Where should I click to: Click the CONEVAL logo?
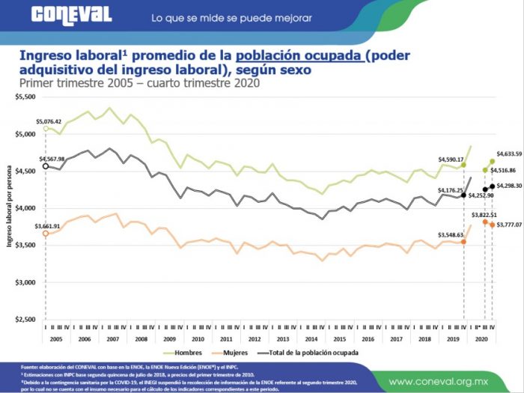click(x=71, y=15)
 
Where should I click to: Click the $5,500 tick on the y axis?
click(x=25, y=97)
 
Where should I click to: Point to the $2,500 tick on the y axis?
click(x=25, y=320)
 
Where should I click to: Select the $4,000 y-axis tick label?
click(x=25, y=208)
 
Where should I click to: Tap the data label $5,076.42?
click(x=48, y=121)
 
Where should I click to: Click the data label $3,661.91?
click(x=48, y=225)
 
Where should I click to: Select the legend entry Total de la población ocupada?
click(x=307, y=352)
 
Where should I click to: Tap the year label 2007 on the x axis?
click(x=112, y=338)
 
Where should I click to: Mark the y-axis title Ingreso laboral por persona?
click(x=10, y=208)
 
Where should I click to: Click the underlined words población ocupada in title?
click(x=299, y=56)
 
